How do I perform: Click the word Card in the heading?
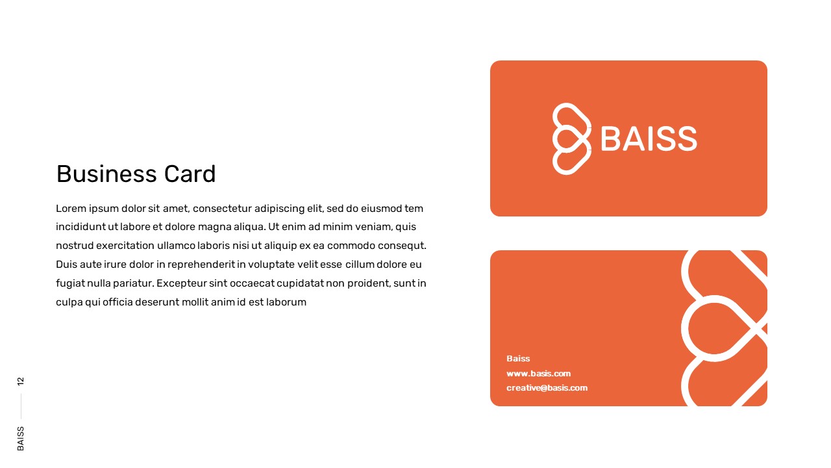190,174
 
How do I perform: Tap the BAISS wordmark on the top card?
649,138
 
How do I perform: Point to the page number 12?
21,381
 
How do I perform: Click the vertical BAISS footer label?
21,439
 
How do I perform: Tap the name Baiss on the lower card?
518,359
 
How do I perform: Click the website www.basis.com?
539,374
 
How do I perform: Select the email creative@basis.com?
547,388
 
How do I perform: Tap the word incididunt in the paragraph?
81,227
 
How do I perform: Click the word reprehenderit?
201,265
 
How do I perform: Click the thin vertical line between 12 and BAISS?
21,406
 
